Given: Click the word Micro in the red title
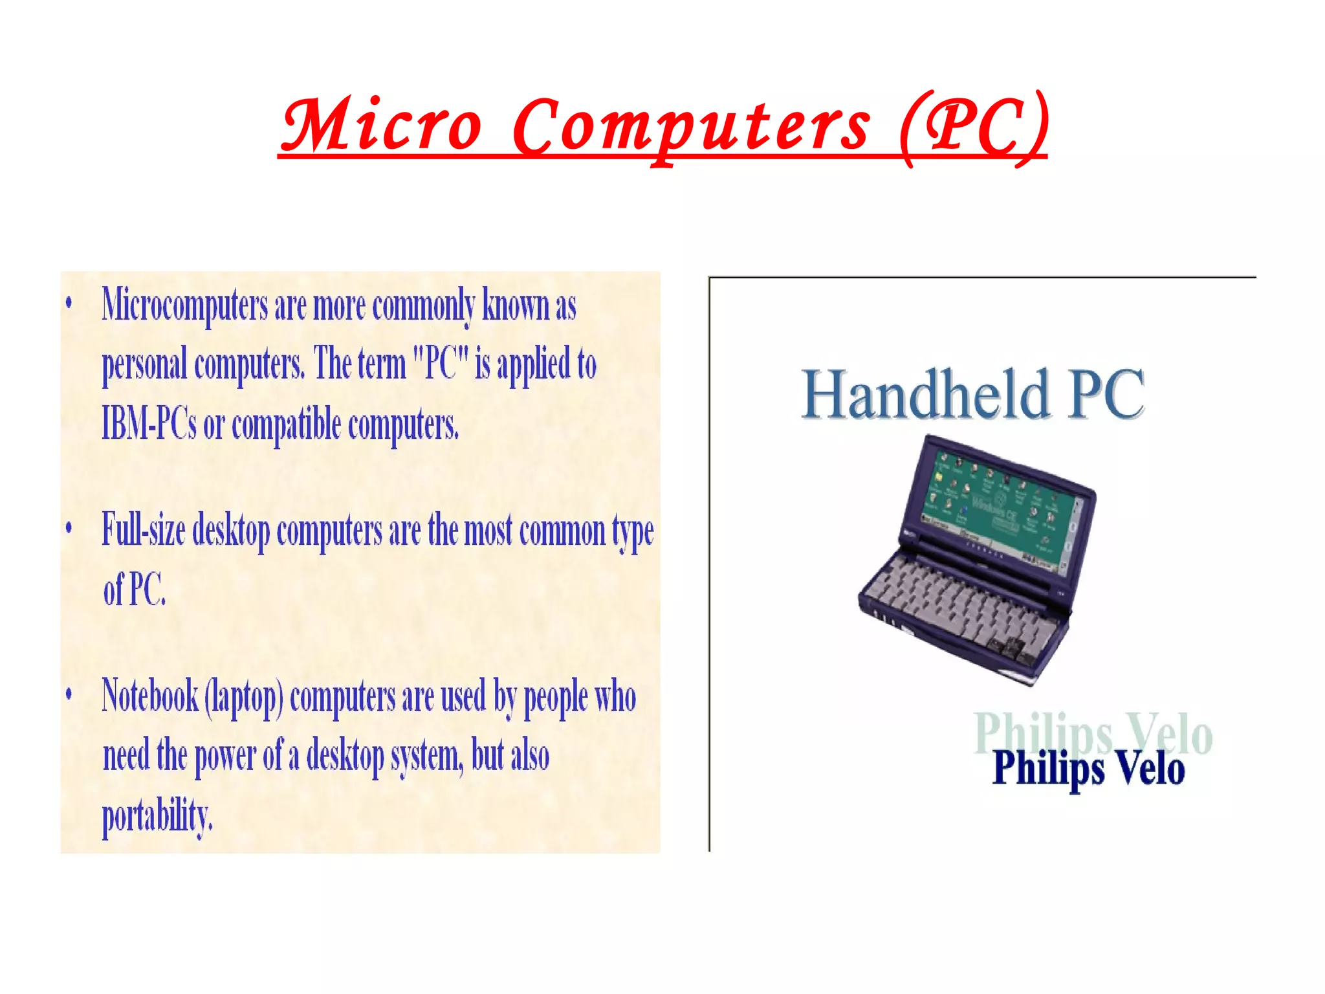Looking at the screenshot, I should click(x=382, y=126).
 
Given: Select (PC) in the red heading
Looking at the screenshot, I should click(x=973, y=126).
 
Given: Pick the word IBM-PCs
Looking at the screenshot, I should click(x=149, y=424).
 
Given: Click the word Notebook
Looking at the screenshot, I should click(x=150, y=696).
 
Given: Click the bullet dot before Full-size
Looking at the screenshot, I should click(x=69, y=527).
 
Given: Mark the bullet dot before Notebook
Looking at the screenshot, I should click(x=69, y=694).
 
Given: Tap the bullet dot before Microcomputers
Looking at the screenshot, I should click(x=69, y=303).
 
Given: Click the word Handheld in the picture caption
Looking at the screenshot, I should click(x=925, y=395).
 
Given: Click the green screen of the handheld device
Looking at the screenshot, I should click(x=1000, y=511).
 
